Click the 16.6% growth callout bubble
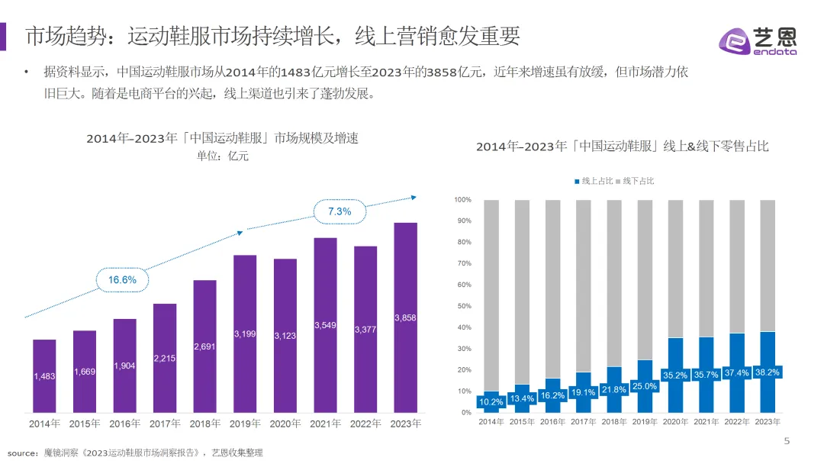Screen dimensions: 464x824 click(x=122, y=280)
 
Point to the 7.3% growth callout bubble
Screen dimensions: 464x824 click(x=340, y=211)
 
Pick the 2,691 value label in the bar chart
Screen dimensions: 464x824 click(x=205, y=346)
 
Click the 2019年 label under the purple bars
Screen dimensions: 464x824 click(x=245, y=424)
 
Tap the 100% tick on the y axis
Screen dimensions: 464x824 click(x=463, y=200)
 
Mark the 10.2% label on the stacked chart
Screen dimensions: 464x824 click(x=491, y=401)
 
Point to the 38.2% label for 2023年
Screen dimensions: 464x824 click(x=768, y=372)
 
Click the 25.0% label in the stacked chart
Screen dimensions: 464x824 click(x=645, y=386)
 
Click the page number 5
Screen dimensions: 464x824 click(x=787, y=441)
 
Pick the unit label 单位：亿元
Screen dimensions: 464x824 click(x=223, y=156)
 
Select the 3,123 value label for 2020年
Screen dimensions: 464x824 click(x=285, y=336)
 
